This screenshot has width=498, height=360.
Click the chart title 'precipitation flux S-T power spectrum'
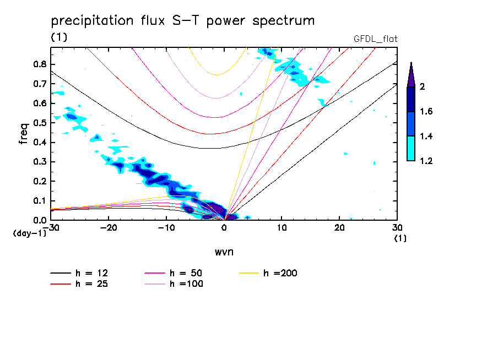183,21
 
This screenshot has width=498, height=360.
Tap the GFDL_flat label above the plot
376,39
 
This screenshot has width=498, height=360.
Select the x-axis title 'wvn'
224,252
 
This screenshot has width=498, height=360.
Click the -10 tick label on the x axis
166,228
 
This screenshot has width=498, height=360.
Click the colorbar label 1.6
426,112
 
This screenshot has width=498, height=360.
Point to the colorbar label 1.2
426,161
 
